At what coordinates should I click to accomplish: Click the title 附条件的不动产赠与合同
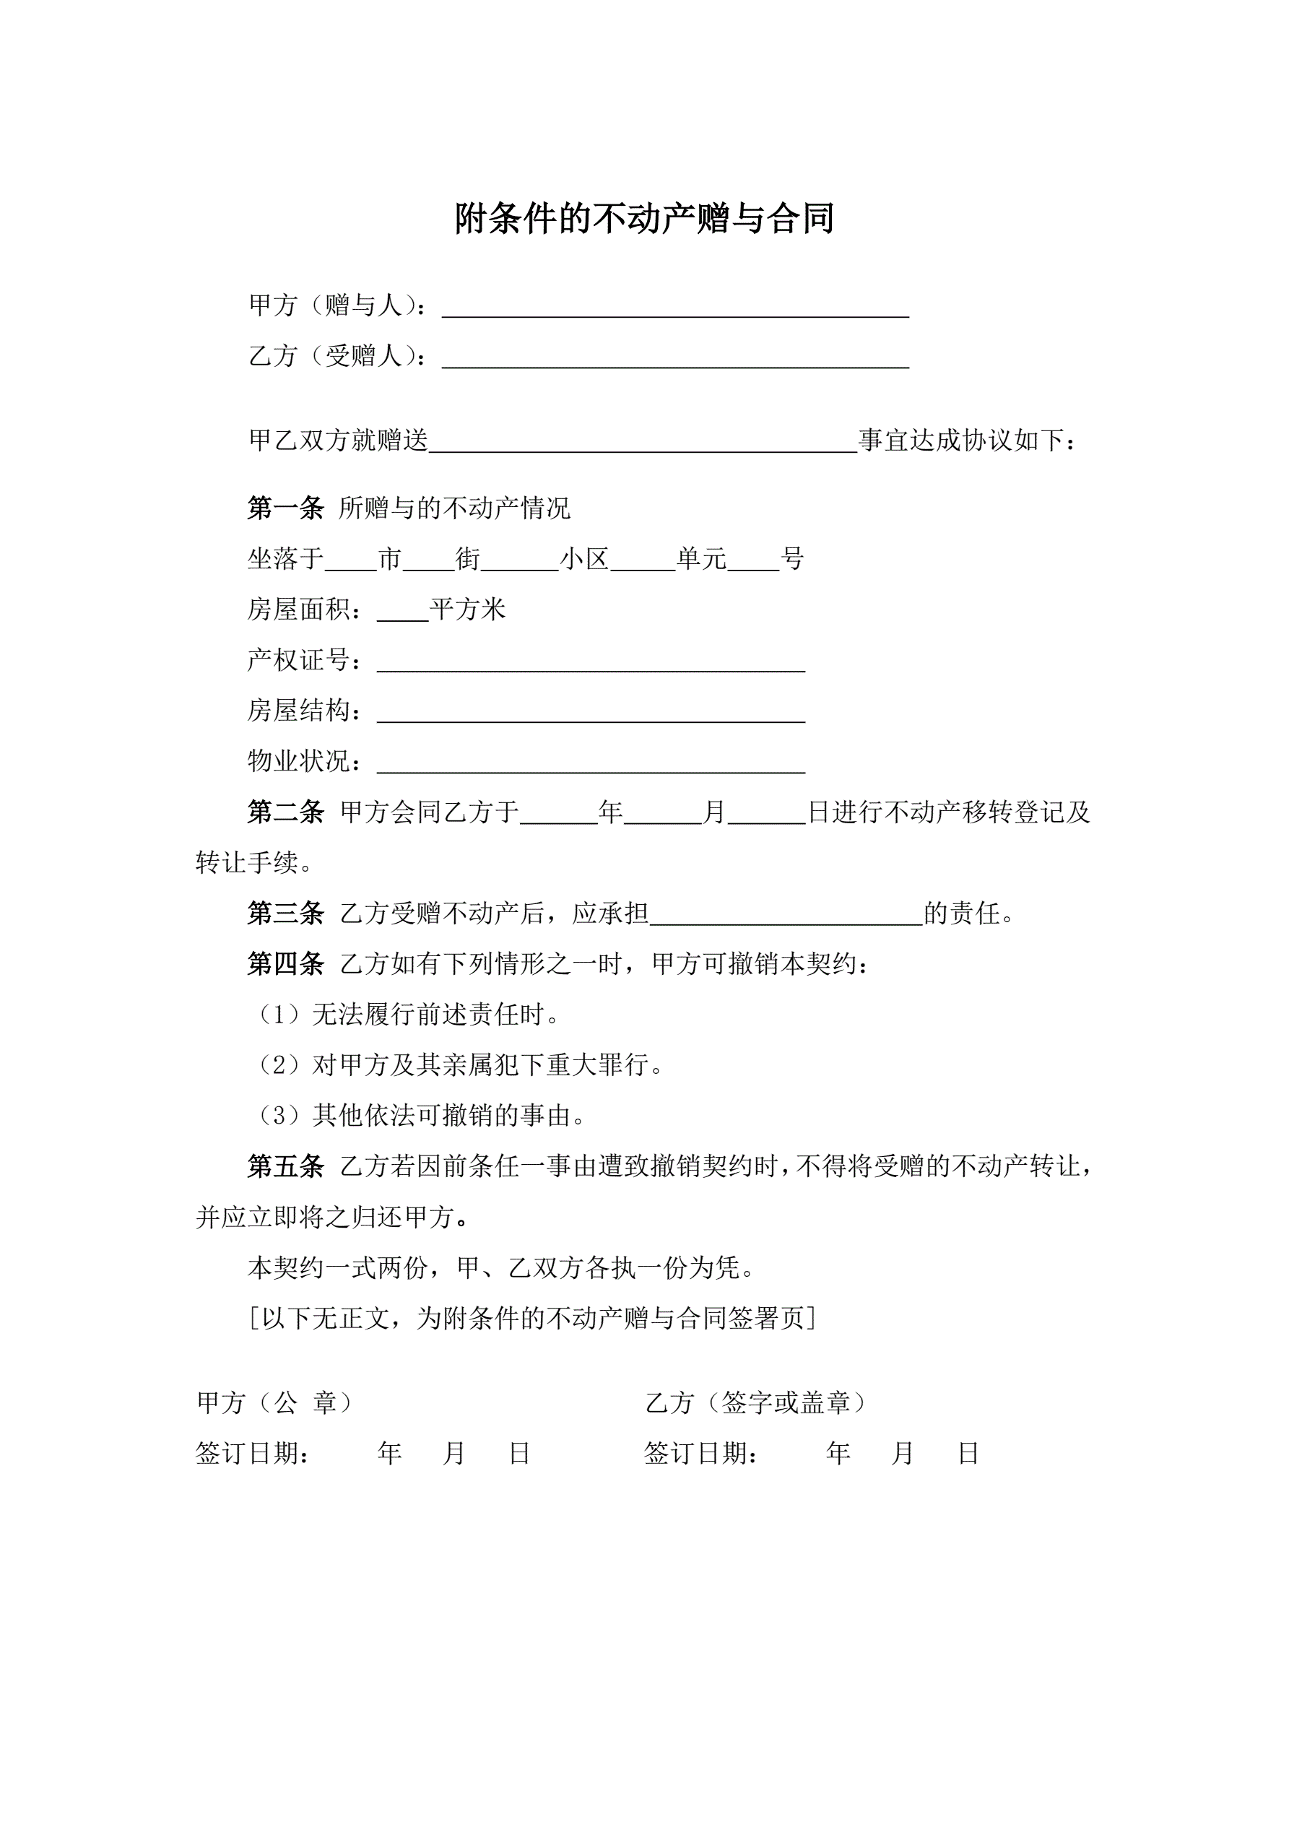point(643,218)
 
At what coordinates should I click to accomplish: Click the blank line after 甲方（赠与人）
point(674,307)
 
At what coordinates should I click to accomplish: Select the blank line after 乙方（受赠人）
point(674,358)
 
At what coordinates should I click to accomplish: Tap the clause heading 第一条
point(286,508)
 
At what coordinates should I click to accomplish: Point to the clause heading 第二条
point(286,812)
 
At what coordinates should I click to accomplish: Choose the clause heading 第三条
point(286,914)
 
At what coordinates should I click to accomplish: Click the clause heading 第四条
point(286,964)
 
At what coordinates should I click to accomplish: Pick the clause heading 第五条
point(286,1166)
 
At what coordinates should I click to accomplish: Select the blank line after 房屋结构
point(591,713)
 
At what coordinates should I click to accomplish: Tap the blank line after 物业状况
point(591,763)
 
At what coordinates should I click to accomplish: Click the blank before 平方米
point(402,612)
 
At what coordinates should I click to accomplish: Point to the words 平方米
point(467,609)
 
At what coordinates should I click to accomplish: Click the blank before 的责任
point(786,916)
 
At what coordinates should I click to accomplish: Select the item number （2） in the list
point(279,1066)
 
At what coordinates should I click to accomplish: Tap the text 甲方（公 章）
point(274,1402)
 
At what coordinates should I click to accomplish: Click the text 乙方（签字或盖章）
point(755,1402)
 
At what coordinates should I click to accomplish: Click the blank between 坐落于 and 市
point(350,562)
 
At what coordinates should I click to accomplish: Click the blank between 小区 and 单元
point(642,562)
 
